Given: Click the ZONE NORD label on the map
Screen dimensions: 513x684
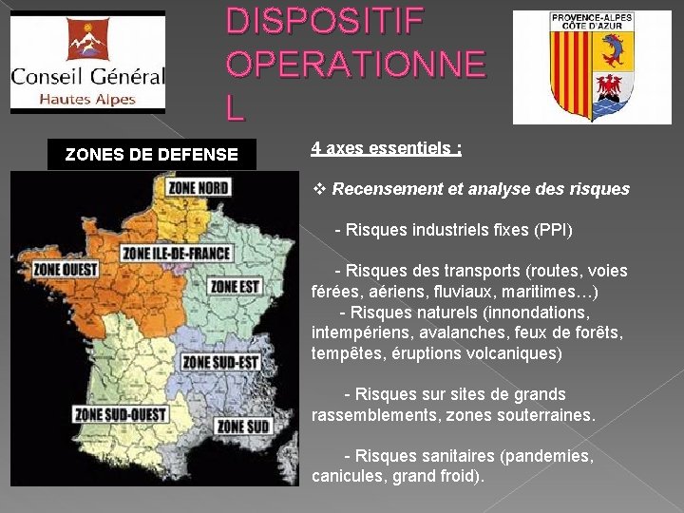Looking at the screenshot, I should pyautogui.click(x=198, y=186).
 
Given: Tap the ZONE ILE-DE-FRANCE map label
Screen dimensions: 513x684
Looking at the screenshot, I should pyautogui.click(x=178, y=253).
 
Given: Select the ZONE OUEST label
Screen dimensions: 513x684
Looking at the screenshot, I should pyautogui.click(x=66, y=270).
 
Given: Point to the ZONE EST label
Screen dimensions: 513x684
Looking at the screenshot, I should pyautogui.click(x=235, y=286).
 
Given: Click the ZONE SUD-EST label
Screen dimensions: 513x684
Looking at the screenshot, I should pyautogui.click(x=220, y=361).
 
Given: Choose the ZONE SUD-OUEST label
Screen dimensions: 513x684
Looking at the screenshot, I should pyautogui.click(x=121, y=414).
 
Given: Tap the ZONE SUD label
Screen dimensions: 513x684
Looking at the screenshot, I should pyautogui.click(x=242, y=427).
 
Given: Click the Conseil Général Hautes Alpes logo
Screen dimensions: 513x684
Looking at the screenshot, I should pyautogui.click(x=87, y=63).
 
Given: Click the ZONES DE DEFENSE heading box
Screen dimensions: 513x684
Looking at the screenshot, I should pyautogui.click(x=152, y=155).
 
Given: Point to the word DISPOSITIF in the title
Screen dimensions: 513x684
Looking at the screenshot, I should pyautogui.click(x=324, y=21).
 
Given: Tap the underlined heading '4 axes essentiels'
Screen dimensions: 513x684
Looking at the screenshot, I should pyautogui.click(x=386, y=149).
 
